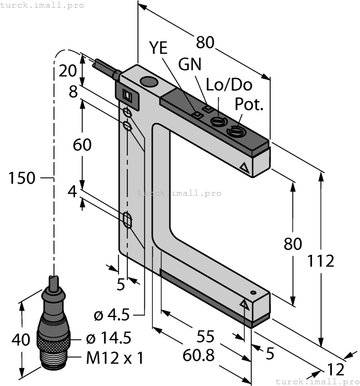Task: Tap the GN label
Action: (x=190, y=65)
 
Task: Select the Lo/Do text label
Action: (x=229, y=85)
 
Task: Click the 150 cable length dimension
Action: (x=22, y=178)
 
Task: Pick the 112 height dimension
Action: (x=321, y=260)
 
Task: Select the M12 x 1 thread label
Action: (x=114, y=358)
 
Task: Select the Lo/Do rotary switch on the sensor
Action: (x=218, y=120)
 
